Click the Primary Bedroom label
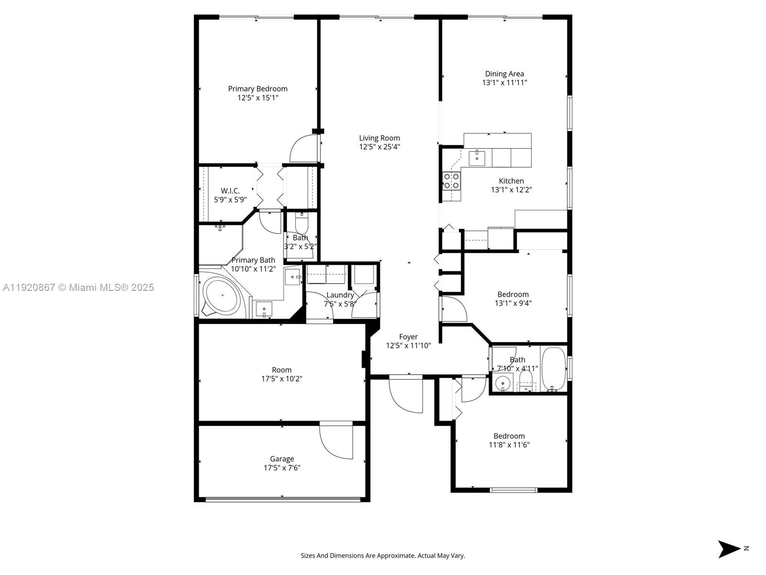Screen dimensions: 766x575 [x=258, y=89]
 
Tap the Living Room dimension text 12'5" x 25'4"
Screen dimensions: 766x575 [x=379, y=147]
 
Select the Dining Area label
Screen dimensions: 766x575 [x=504, y=74]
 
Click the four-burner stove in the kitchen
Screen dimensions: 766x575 [x=451, y=181]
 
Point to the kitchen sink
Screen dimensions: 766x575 [x=477, y=158]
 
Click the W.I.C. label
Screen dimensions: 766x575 [x=230, y=191]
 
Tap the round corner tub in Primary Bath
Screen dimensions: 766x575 [x=222, y=295]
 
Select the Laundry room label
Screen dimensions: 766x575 [x=340, y=295]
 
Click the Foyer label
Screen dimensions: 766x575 [x=408, y=337]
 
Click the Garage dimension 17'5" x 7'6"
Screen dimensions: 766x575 [x=282, y=468]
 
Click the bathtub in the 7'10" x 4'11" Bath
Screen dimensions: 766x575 [x=553, y=368]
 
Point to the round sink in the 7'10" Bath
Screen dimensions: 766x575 [x=503, y=383]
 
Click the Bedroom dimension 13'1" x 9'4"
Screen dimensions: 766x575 [x=513, y=303]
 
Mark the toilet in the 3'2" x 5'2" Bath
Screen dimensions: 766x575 [x=302, y=223]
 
